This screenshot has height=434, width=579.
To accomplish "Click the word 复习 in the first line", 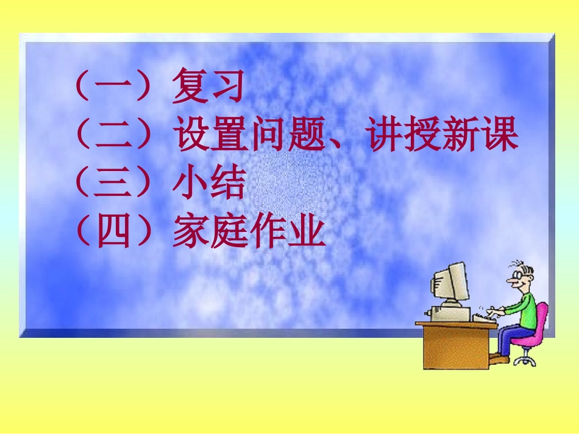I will [208, 87].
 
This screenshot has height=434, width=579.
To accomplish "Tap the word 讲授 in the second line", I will [403, 135].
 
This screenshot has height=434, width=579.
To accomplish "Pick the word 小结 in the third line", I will [208, 184].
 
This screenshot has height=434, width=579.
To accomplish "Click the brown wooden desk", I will [454, 344].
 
